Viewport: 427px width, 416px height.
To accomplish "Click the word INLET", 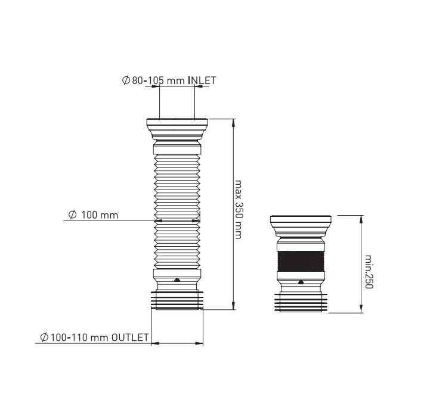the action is coord(202,80).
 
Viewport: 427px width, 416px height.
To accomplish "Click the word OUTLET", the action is coord(130,337).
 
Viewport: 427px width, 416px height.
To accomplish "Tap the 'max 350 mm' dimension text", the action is coord(239,209).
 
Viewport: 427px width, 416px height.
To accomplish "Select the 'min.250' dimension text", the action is coord(369,272).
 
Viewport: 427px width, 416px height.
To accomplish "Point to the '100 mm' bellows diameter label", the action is coord(100,215).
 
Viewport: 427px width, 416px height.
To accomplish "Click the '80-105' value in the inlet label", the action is coord(148,80).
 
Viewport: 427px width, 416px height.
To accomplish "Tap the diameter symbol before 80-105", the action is coord(126,80).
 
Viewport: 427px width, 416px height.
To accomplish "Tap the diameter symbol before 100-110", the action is coord(44,337).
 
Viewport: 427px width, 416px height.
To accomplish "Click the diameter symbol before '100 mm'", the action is coord(72,215).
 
